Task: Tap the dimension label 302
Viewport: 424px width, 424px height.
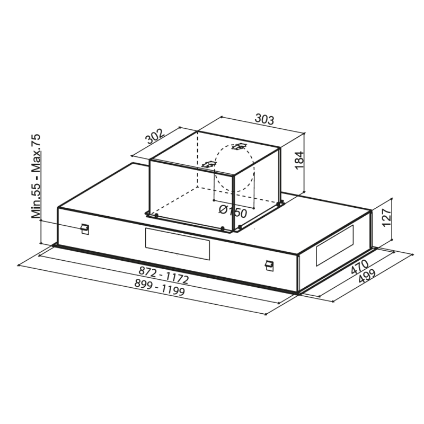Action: [154, 137]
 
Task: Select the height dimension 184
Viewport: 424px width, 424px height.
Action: [300, 160]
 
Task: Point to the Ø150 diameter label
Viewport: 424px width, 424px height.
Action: [233, 212]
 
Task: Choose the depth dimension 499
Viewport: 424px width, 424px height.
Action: [366, 279]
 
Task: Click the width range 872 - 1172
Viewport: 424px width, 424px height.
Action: [164, 275]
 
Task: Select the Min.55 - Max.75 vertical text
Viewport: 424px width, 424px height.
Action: [37, 176]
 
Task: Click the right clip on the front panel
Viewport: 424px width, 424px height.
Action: [270, 263]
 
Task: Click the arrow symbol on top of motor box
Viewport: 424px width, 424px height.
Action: [240, 146]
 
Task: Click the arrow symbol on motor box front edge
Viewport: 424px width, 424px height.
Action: [209, 165]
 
